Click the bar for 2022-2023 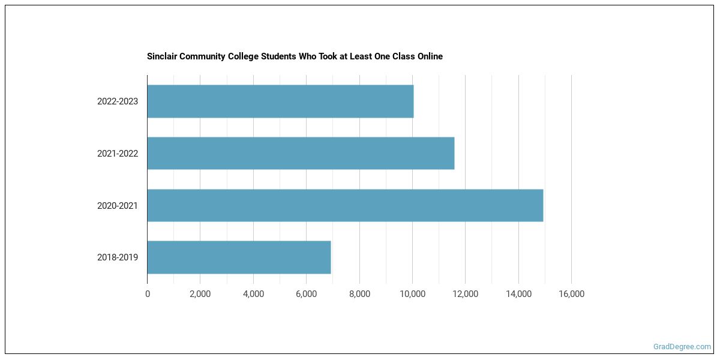tap(280, 101)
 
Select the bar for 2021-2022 tap(301, 153)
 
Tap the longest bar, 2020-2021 tap(345, 205)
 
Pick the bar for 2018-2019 tap(239, 257)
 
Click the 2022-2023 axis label tap(118, 101)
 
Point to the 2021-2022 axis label tap(118, 154)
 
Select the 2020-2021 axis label tap(118, 206)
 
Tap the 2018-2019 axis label tap(118, 257)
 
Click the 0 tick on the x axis tap(148, 294)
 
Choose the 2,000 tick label tap(200, 294)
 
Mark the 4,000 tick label tap(253, 294)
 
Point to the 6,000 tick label tap(306, 294)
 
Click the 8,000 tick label tap(359, 294)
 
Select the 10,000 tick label tap(412, 294)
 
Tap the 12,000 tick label tap(465, 294)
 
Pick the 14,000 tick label tap(518, 294)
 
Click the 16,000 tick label tap(571, 294)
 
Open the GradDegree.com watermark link tap(682, 347)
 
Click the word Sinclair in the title tap(162, 56)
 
